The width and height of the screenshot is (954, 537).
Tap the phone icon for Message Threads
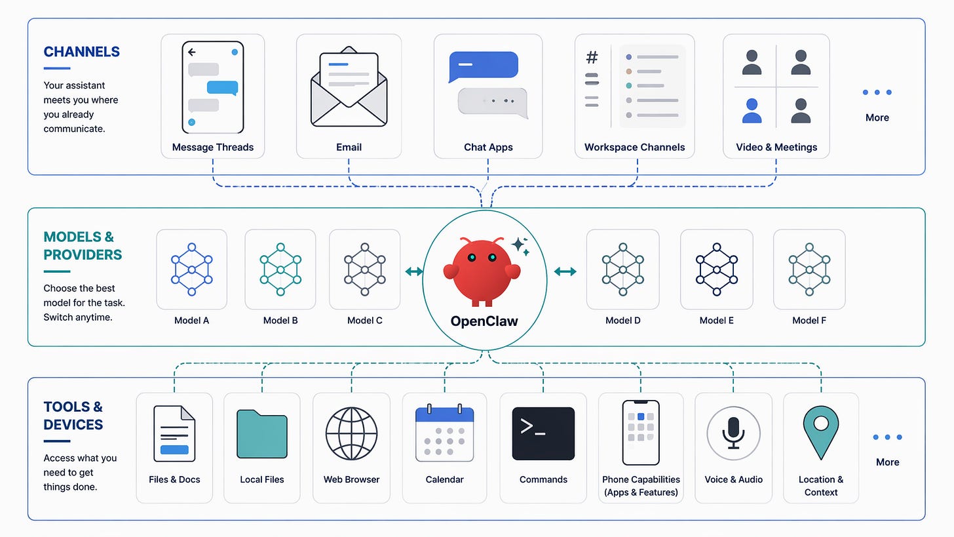click(212, 87)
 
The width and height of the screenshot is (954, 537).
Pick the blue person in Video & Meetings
click(752, 110)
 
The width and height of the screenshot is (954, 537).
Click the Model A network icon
click(191, 269)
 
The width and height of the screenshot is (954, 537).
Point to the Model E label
click(717, 321)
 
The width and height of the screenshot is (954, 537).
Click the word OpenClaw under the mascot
click(484, 321)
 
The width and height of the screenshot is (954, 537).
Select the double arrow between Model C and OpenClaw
click(413, 271)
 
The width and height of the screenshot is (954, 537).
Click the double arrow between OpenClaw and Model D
click(565, 271)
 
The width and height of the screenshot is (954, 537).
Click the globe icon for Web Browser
click(352, 433)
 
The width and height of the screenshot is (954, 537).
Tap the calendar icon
click(444, 433)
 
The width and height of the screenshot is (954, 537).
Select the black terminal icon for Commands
click(543, 433)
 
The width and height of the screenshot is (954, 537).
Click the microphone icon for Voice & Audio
click(733, 433)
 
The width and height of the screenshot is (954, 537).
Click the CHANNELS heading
click(82, 52)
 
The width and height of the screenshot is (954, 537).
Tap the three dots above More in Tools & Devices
click(887, 437)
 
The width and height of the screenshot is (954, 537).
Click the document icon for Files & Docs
click(174, 433)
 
